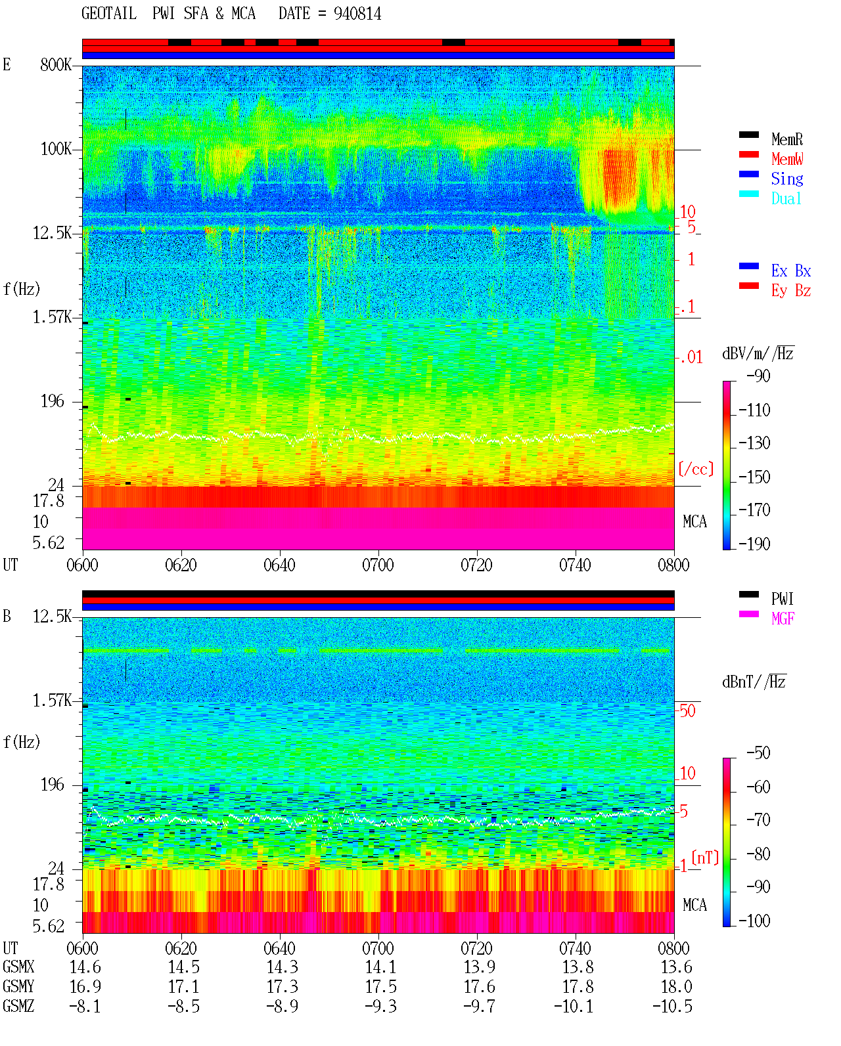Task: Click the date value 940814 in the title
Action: click(x=357, y=14)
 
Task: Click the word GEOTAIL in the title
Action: click(x=109, y=14)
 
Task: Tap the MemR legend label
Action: click(x=786, y=139)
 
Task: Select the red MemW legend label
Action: click(x=786, y=159)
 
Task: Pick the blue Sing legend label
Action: click(x=786, y=179)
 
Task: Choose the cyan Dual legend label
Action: click(x=786, y=198)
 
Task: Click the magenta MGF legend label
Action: click(x=783, y=619)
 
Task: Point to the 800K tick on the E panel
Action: click(x=56, y=64)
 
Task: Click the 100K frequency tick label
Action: click(x=56, y=149)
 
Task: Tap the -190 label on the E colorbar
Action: click(x=754, y=544)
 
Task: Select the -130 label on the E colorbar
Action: click(x=754, y=443)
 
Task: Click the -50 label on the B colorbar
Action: click(x=758, y=753)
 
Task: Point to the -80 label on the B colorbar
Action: click(x=758, y=854)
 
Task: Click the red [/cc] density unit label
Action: click(x=696, y=469)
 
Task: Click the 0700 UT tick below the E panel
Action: click(x=378, y=565)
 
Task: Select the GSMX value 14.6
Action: click(x=85, y=967)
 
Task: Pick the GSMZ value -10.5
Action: click(x=672, y=1006)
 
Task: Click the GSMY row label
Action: click(x=18, y=986)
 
